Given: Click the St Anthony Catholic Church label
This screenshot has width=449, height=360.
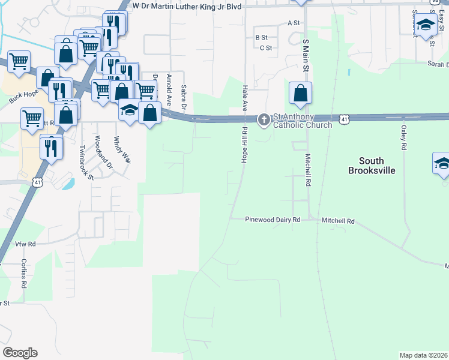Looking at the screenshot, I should coord(303,121).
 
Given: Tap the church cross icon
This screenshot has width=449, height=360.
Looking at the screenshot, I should coord(264,121).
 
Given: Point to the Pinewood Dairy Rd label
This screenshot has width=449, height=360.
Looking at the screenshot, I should coord(273,220).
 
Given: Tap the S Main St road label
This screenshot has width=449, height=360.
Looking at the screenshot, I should coord(305,56).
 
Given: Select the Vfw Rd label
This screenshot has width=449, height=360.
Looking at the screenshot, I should coord(26,244).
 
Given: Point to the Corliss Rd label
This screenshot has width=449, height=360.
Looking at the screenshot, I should coord(24,274).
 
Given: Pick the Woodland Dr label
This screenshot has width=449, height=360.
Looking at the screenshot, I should coord(100,151).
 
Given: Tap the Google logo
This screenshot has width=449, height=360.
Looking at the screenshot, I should coord(20,353).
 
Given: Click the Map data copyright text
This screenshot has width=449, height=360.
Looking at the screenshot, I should coord(424,355).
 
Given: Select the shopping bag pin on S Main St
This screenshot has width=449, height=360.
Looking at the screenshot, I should coord(300,94).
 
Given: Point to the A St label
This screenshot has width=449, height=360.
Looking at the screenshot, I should coord(294,23).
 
